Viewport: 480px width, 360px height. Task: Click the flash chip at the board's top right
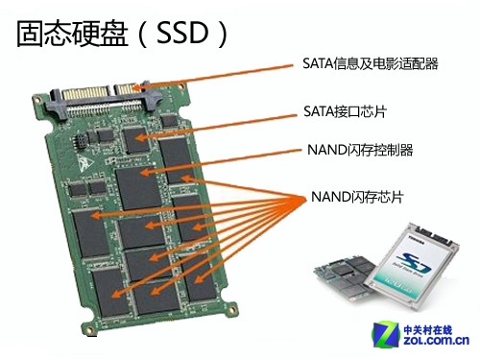click(178, 159)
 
